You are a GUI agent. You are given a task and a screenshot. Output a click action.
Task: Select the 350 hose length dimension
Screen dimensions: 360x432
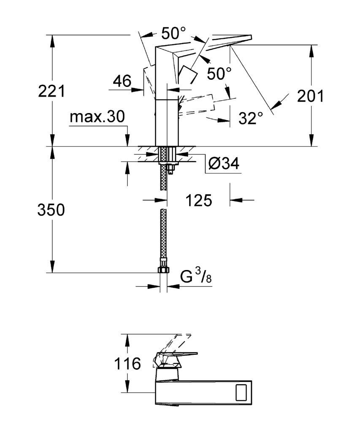click(51, 210)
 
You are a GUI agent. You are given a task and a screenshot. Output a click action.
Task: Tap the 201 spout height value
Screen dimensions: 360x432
click(310, 96)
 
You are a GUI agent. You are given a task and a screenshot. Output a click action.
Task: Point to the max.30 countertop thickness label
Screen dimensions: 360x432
click(97, 116)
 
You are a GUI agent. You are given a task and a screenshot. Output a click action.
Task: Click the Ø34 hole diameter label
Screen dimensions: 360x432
click(224, 164)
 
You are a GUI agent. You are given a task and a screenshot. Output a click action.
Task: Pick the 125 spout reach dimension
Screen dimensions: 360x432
click(198, 200)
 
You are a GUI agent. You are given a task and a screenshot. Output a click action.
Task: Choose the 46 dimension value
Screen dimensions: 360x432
click(122, 81)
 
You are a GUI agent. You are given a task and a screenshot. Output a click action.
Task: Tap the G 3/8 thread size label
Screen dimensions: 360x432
click(196, 276)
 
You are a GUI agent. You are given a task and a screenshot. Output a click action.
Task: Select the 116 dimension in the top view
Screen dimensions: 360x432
click(127, 364)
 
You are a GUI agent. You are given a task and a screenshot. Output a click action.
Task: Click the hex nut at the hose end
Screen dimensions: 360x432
click(163, 270)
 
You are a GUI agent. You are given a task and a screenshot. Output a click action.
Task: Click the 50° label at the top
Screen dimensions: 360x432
click(173, 33)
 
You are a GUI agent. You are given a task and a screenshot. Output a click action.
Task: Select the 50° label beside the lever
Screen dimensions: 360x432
click(219, 73)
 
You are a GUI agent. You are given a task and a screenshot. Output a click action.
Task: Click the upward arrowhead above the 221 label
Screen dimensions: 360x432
click(51, 41)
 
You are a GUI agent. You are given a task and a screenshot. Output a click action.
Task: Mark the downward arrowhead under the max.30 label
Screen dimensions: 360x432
click(127, 140)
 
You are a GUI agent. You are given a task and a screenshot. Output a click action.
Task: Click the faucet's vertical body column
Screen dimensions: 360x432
click(166, 123)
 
